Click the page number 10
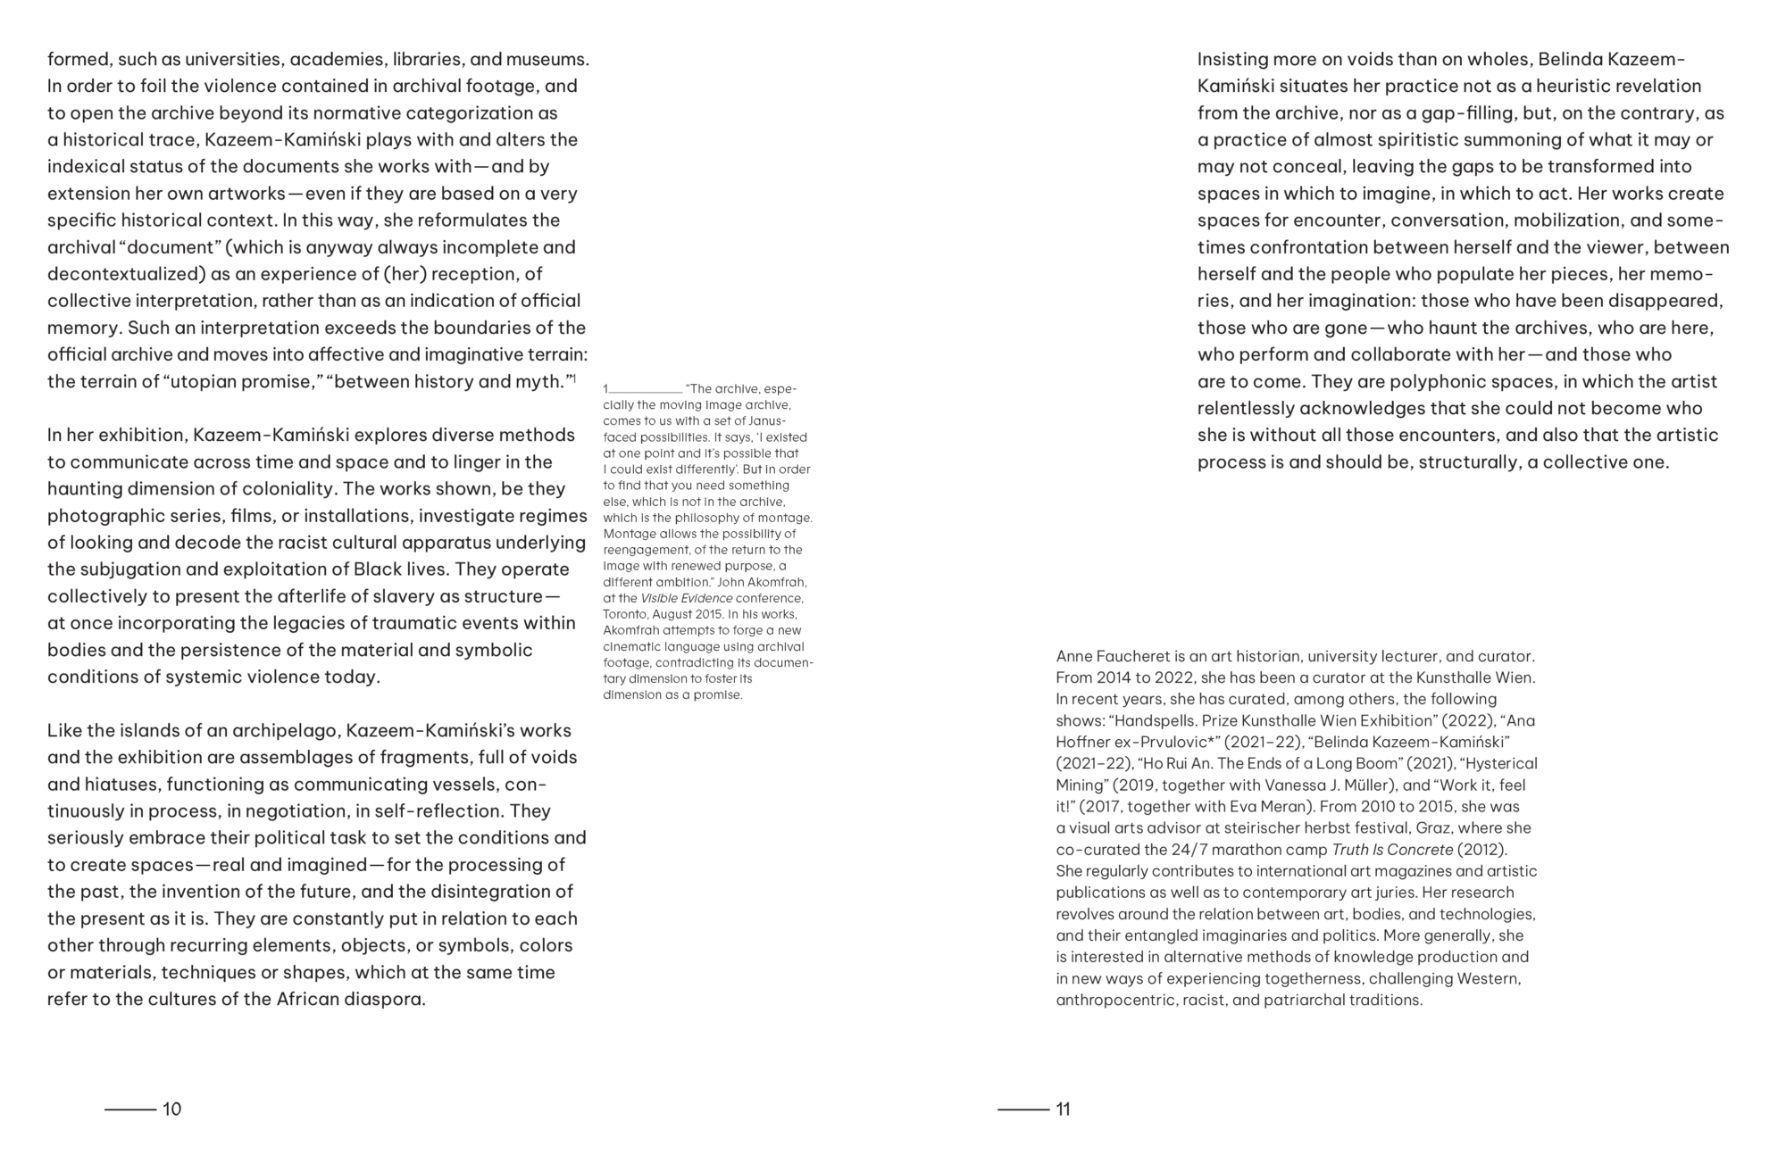(171, 1109)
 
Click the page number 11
(1063, 1109)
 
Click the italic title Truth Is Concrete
(1391, 850)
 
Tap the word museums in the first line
(547, 60)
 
